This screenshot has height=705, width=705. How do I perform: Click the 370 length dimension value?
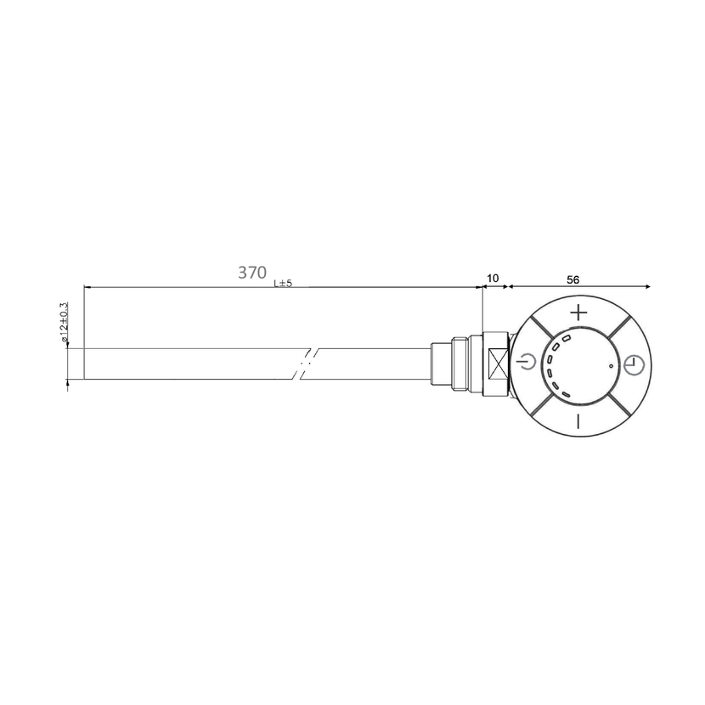coord(251,273)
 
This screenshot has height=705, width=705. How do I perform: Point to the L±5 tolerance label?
coord(283,283)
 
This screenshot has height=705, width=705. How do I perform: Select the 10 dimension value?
coord(493,279)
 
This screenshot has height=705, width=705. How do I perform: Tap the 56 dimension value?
coord(572,279)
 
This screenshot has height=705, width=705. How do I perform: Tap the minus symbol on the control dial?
coord(578,421)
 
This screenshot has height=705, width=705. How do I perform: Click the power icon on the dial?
coord(527,361)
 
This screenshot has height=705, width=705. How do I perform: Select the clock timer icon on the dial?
coord(634,364)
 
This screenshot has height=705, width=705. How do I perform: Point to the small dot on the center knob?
coord(611,366)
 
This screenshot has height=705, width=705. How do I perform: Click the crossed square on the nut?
coord(499,364)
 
